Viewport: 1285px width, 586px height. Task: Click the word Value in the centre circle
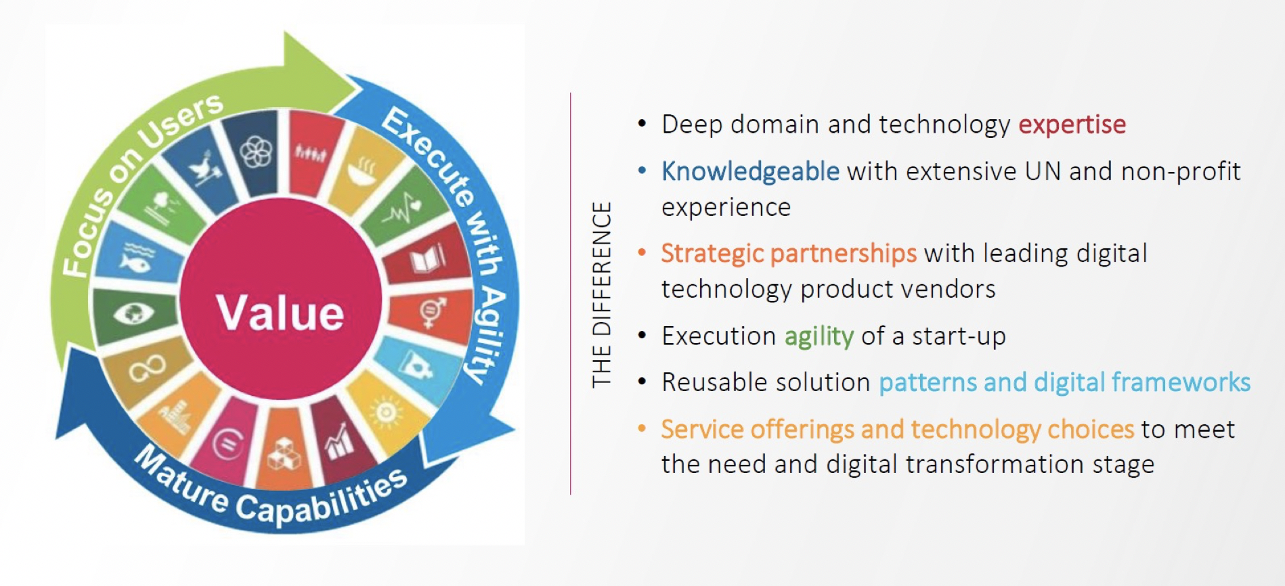[280, 313]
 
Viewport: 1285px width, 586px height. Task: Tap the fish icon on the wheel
[135, 258]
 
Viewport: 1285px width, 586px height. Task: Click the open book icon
[428, 259]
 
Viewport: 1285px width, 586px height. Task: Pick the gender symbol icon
[431, 313]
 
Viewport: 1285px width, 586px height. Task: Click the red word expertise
[1072, 125]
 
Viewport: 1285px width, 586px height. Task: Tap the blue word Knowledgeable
[750, 172]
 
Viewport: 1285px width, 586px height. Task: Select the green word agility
[819, 336]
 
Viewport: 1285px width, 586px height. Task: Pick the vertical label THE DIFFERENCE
[602, 294]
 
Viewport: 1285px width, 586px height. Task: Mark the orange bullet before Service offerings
[642, 429]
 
